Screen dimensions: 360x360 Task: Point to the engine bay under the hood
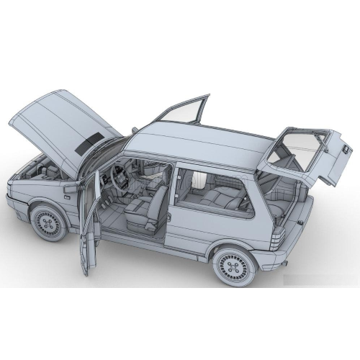coord(40,173)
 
